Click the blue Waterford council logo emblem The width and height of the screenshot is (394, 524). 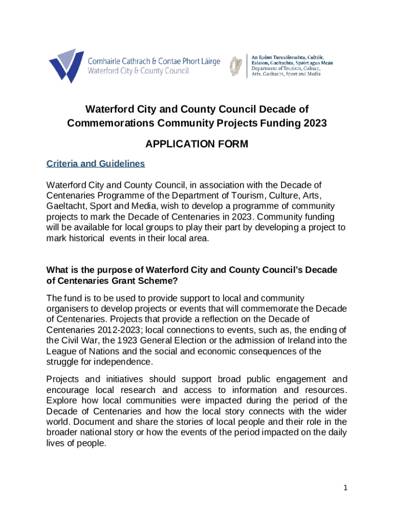66,65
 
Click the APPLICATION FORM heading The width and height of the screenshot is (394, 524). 196,144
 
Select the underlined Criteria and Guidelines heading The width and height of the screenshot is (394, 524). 96,164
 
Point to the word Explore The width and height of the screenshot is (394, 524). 62,400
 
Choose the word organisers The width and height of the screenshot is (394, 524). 68,308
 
